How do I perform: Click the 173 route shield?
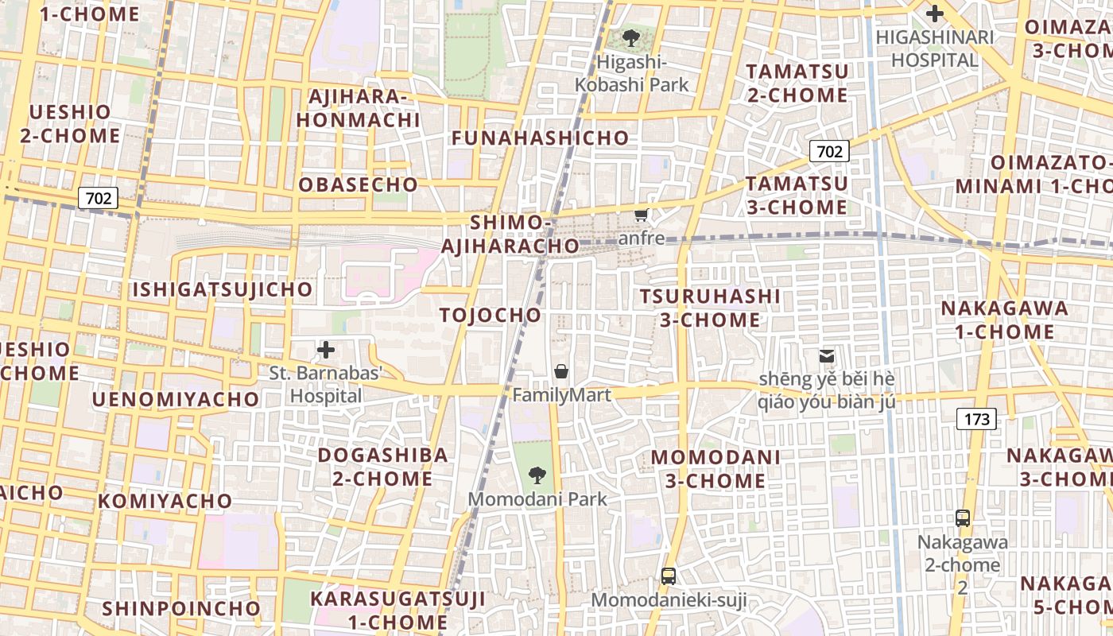(976, 418)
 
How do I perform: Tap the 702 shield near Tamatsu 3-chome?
(829, 150)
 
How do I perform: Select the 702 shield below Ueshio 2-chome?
(99, 198)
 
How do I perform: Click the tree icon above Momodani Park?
(537, 475)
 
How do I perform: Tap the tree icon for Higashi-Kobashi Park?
(631, 37)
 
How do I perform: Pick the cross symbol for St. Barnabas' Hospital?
(325, 350)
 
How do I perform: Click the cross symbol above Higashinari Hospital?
(935, 14)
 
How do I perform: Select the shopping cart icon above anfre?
(642, 215)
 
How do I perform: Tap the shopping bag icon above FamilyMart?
(561, 371)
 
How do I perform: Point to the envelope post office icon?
(827, 356)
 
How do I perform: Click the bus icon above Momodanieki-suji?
(669, 576)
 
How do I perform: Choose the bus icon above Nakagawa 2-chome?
(963, 518)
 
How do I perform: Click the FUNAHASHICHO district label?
(540, 138)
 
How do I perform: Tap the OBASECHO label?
(358, 185)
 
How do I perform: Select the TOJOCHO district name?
(491, 316)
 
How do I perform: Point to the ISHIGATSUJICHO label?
(223, 289)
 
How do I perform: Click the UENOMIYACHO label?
(176, 399)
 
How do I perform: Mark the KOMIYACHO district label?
(165, 502)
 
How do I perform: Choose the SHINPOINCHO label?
(181, 609)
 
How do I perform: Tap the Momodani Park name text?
(537, 499)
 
